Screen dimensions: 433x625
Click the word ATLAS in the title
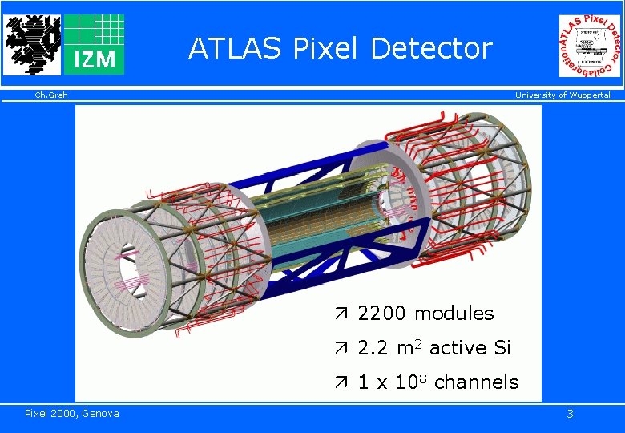235,49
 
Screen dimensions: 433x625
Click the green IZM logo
94,44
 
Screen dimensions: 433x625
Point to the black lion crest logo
32,44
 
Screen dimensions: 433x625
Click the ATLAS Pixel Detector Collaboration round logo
590,46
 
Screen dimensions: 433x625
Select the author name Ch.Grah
51,95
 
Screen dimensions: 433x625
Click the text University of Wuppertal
562,95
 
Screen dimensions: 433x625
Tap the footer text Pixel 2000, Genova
72,413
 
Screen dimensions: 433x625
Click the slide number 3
570,414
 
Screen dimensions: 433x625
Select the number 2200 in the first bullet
383,314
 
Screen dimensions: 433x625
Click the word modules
454,314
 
